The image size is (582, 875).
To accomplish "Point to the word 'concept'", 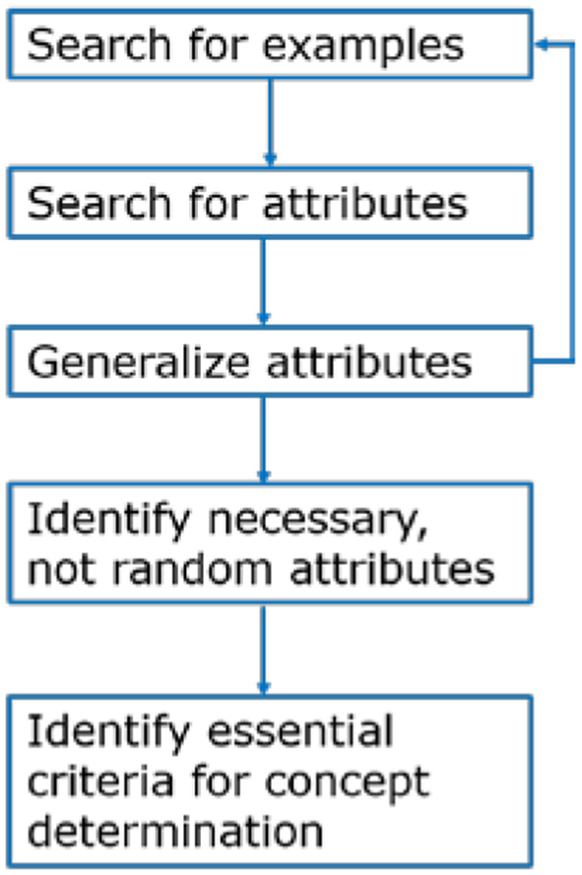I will click(x=366, y=783).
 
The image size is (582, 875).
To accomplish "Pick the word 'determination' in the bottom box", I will click(x=174, y=832).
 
